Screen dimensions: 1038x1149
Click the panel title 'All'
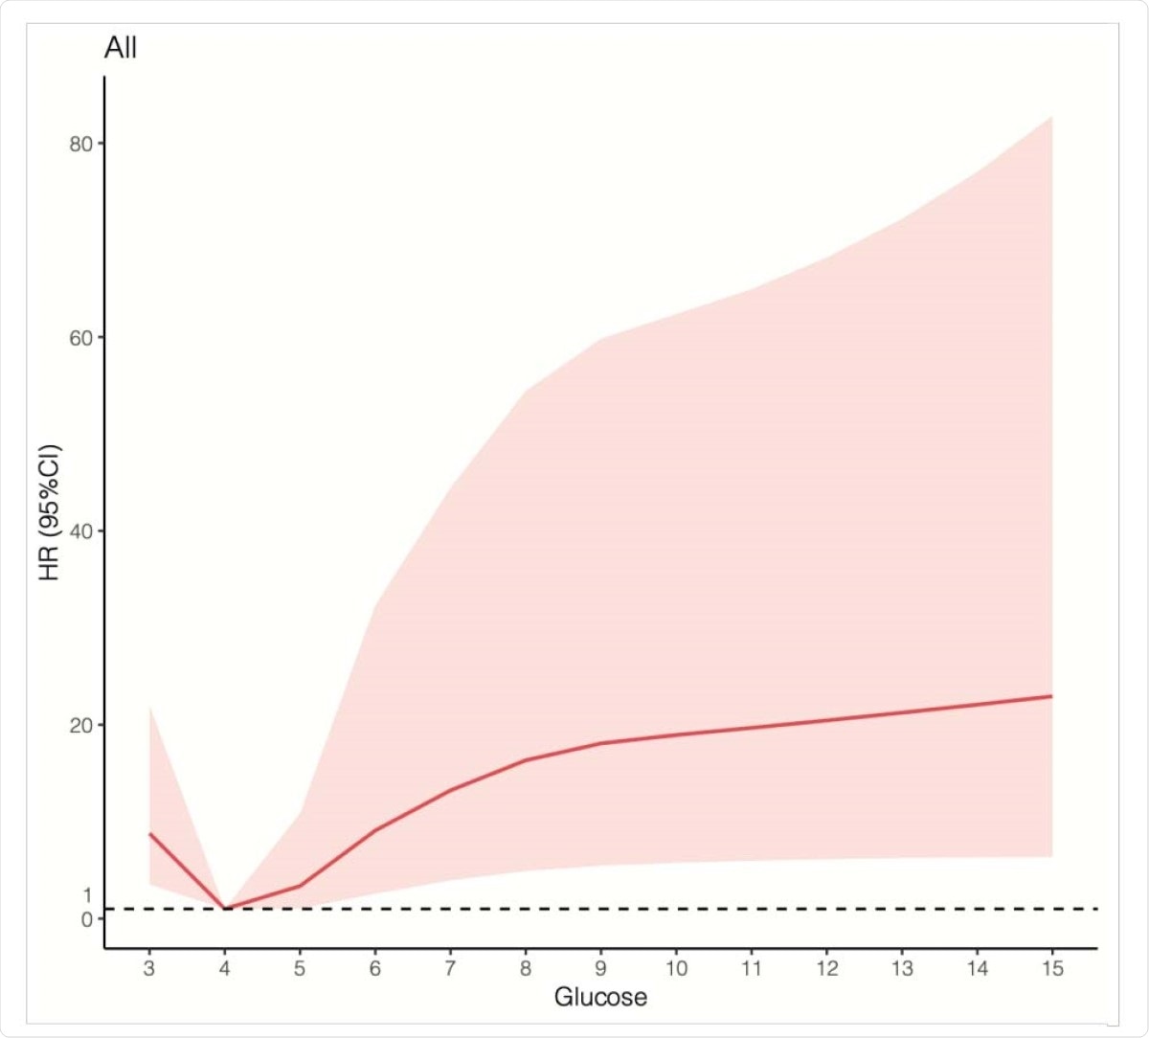(121, 48)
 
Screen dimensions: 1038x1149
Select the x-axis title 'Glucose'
(600, 997)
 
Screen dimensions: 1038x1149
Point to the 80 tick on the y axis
(80, 144)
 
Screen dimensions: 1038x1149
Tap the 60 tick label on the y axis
(80, 338)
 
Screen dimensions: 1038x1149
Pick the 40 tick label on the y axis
(80, 531)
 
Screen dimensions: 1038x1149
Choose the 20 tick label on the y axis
(80, 725)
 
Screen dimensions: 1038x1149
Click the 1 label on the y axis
(88, 895)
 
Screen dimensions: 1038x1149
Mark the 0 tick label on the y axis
(87, 919)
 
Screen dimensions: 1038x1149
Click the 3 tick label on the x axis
(149, 968)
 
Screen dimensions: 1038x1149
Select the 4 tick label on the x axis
(225, 968)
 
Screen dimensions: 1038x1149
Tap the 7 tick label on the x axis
(450, 968)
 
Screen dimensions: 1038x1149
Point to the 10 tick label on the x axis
(676, 968)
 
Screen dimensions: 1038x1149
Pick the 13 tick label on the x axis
(902, 968)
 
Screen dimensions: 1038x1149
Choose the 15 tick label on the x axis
(1052, 968)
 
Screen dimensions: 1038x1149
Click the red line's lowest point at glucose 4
(225, 908)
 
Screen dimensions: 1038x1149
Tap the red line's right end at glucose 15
(1052, 696)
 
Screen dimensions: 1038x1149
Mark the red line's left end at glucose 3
(149, 834)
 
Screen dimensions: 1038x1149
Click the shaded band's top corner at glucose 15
(1052, 117)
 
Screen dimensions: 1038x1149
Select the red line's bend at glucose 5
(300, 886)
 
